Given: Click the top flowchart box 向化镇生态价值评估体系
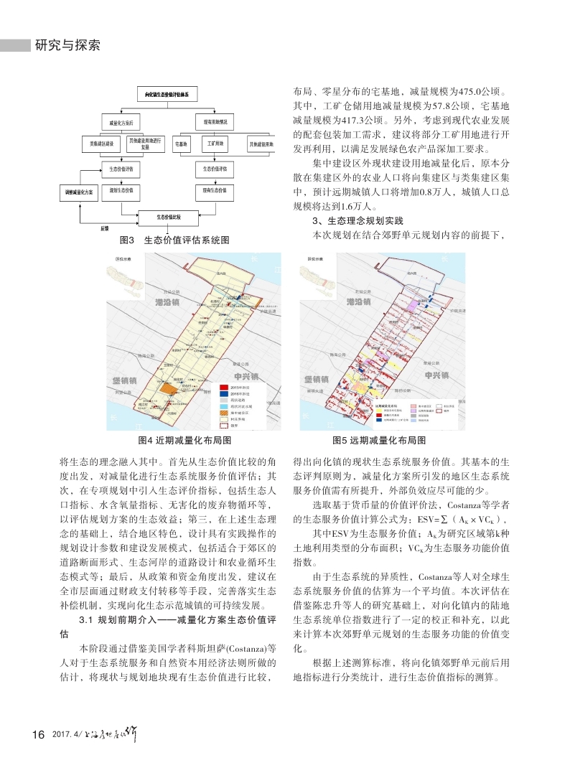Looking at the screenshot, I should [167, 93].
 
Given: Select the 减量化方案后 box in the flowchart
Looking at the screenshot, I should [117, 123].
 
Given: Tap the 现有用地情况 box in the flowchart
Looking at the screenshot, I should [215, 123].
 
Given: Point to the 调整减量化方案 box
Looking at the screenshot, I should [75, 193].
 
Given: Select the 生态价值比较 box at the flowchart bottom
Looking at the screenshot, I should [169, 216].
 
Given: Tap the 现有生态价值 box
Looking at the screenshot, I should [215, 191].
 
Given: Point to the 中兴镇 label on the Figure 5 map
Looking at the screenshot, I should [437, 375].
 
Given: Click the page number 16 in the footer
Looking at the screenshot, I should [39, 734].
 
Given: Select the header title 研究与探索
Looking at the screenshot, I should [66, 46].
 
